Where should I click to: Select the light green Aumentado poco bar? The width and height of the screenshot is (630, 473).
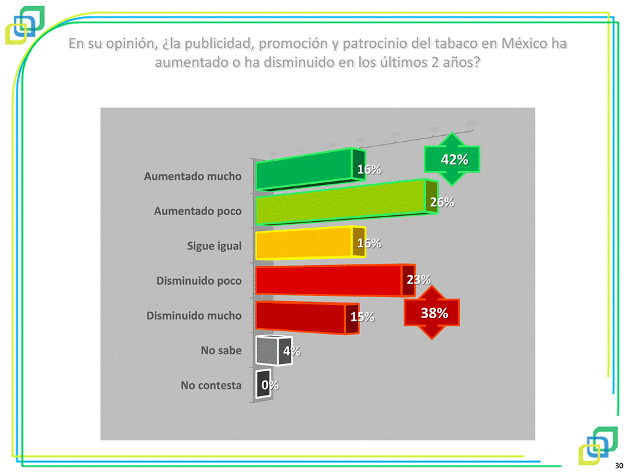tap(341, 205)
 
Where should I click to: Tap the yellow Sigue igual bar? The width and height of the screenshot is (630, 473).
tap(305, 245)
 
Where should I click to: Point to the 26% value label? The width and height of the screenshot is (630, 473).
tap(442, 202)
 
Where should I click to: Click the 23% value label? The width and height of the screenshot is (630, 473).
tap(418, 279)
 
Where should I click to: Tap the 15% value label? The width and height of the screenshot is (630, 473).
tap(363, 317)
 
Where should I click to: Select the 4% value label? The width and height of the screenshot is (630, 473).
tap(292, 352)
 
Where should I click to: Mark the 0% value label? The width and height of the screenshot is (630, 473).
tap(269, 385)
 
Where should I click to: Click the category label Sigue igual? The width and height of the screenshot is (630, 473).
tap(214, 246)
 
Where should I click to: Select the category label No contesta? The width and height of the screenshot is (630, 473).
tap(211, 385)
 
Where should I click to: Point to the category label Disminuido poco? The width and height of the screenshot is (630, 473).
tap(199, 281)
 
